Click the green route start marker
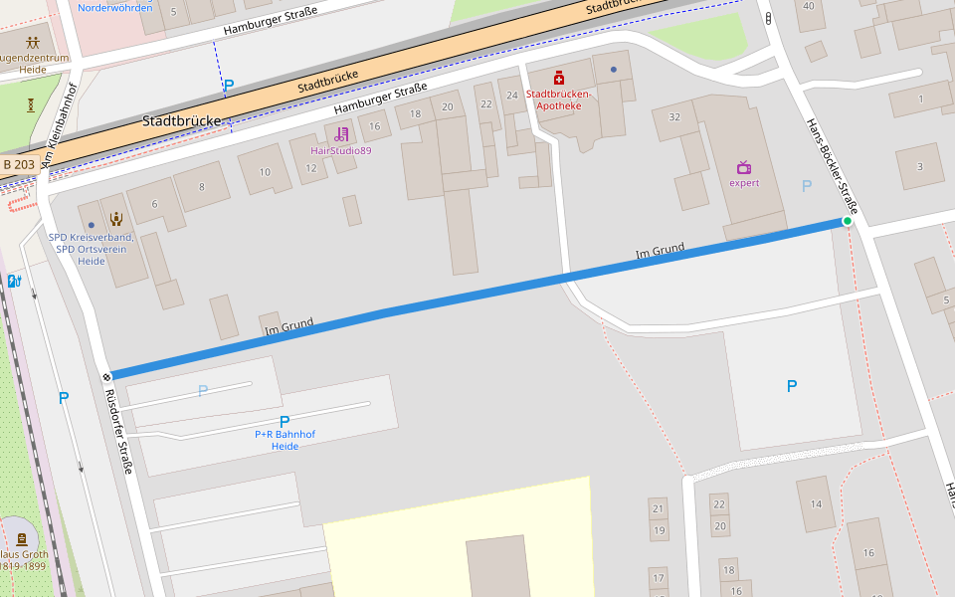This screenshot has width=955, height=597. click(x=848, y=221)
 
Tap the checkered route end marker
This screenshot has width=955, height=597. click(x=106, y=376)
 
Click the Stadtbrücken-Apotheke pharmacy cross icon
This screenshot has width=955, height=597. click(x=559, y=78)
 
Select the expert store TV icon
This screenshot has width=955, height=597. click(x=744, y=167)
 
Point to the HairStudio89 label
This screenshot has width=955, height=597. click(x=341, y=150)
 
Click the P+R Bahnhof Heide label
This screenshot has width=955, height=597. click(x=285, y=440)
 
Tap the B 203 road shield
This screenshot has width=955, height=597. click(x=19, y=164)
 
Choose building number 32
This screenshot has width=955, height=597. click(x=674, y=117)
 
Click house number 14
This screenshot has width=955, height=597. click(x=816, y=503)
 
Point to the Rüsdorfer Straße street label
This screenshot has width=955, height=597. click(x=118, y=430)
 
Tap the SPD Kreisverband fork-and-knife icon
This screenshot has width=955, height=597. click(x=116, y=219)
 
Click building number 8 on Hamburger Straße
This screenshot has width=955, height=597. click(x=201, y=186)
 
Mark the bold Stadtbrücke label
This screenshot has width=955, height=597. click(x=180, y=120)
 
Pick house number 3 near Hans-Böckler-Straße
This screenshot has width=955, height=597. click(x=919, y=166)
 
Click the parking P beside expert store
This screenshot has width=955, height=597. click(x=807, y=185)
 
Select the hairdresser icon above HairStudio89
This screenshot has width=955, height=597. click(x=342, y=133)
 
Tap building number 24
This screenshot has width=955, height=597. click(x=512, y=96)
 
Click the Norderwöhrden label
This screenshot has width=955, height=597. click(x=115, y=8)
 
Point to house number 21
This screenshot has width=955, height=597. click(x=658, y=508)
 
